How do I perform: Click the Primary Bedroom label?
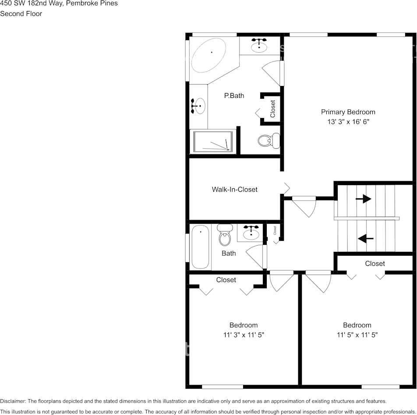pos(348,112)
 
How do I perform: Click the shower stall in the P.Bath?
pos(213,142)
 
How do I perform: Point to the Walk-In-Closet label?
pos(234,190)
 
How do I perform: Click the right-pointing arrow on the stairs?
pos(363,199)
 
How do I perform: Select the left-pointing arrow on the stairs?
pos(365,238)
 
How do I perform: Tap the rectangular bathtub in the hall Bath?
pos(200,247)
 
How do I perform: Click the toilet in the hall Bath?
pos(225,235)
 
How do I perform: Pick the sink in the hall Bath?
pos(251,232)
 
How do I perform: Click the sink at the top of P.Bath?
pos(260,46)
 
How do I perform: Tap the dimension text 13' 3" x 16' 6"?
pos(348,122)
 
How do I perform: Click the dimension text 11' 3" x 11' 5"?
pos(244,335)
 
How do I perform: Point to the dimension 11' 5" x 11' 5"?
pos(357,335)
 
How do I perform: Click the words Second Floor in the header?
pos(21,14)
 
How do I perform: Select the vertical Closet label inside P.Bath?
pos(273,109)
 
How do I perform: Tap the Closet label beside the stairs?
pos(375,264)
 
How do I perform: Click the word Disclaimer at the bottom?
pos(13,401)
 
